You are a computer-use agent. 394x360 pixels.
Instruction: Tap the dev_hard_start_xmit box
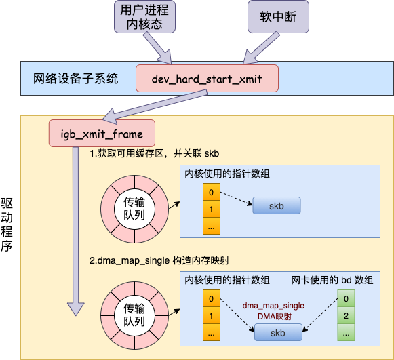207,79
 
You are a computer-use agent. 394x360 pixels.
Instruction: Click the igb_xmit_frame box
101,133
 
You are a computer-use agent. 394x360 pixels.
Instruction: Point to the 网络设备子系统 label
75,79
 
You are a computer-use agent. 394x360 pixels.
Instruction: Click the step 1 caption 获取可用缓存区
155,154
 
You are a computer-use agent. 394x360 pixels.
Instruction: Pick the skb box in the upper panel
277,205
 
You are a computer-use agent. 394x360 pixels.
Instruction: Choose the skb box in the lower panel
278,332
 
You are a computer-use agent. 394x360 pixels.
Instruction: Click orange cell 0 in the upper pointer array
212,192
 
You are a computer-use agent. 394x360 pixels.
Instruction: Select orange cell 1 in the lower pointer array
212,316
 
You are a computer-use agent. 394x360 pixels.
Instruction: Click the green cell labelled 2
346,316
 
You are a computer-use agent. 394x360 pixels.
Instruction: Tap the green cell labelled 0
346,298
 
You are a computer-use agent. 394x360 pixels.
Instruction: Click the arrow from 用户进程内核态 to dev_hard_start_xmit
161,49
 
